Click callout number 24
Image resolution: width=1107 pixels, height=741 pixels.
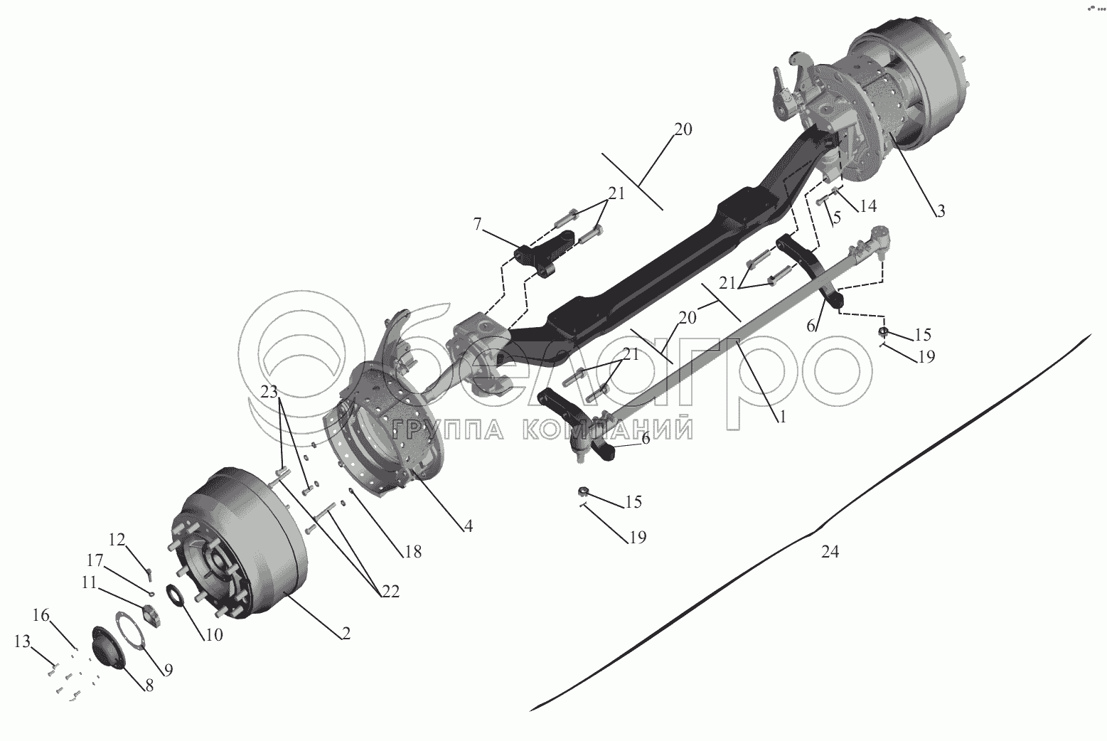[830, 551]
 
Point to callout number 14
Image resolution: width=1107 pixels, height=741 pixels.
[867, 206]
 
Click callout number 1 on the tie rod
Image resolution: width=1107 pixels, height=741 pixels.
[781, 417]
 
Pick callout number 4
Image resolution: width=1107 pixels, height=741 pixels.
[467, 527]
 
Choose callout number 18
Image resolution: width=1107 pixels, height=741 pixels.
[412, 551]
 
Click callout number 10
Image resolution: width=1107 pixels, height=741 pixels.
[214, 634]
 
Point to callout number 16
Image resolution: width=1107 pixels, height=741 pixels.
[42, 615]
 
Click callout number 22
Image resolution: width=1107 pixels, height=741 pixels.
[390, 591]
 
